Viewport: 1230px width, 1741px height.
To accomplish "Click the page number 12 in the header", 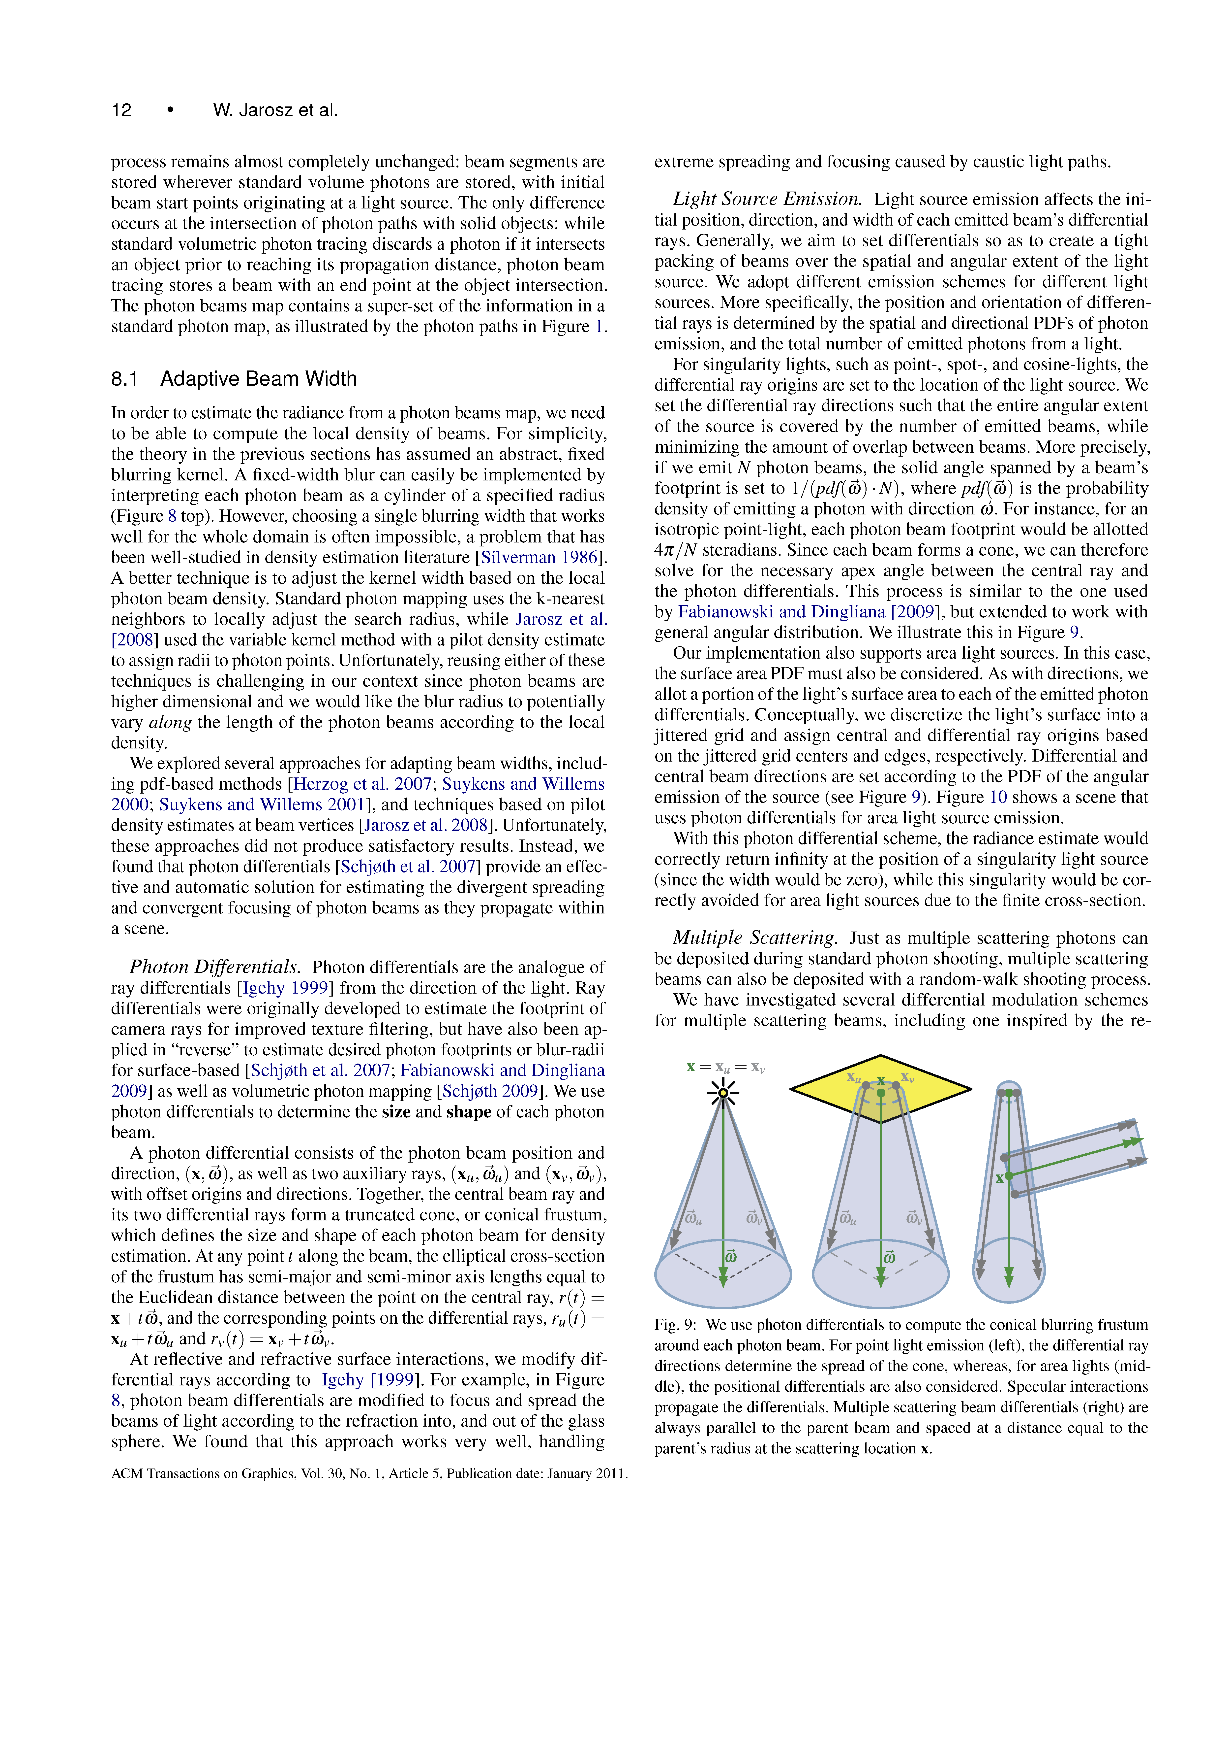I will click(121, 111).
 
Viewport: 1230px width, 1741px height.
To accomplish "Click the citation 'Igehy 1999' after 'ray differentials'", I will click(285, 988).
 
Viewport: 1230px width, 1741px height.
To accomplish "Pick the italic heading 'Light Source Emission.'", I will click(767, 200).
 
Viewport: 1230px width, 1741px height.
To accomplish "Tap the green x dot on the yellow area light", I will click(881, 1093).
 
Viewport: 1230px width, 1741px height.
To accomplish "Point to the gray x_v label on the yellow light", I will click(907, 1077).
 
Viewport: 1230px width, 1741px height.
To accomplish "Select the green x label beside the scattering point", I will click(999, 1178).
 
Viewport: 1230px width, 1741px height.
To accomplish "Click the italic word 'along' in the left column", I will click(170, 723).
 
